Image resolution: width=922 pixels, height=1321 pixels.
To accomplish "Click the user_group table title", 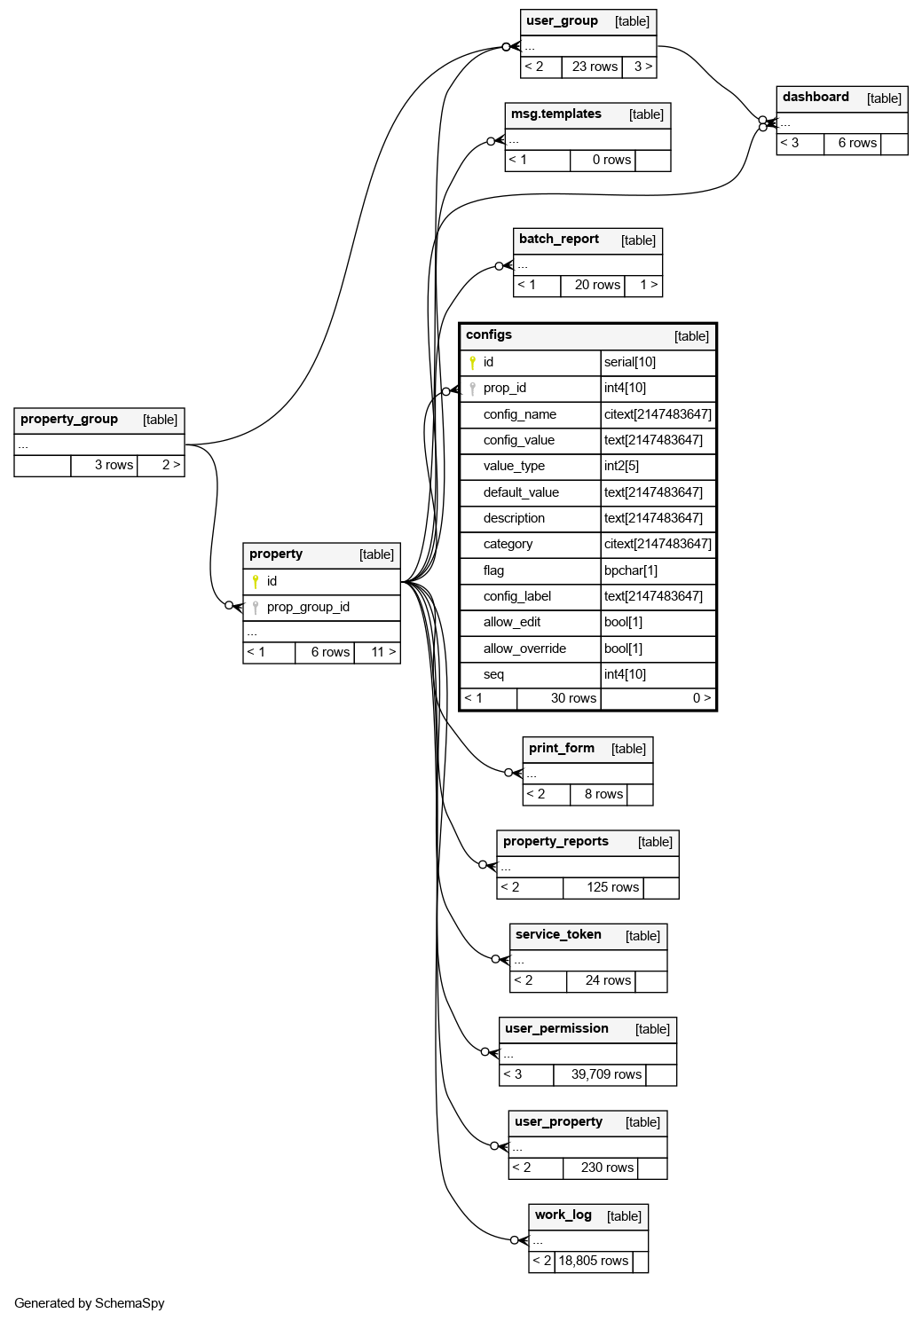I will [562, 21].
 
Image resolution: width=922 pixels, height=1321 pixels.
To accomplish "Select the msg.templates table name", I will [556, 114].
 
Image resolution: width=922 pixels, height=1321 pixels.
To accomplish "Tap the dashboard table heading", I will [816, 98].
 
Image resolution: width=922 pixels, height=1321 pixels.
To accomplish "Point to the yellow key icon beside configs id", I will [473, 363].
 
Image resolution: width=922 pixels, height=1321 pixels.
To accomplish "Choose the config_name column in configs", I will [520, 414].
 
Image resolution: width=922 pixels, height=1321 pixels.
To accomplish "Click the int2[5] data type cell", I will [621, 467].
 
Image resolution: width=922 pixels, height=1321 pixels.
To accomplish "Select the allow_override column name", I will [524, 649].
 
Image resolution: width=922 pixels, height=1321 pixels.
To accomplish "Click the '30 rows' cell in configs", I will [573, 699].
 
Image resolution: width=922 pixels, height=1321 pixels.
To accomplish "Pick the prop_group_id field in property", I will [308, 608].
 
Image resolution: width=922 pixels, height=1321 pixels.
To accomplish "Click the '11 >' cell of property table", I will [383, 653].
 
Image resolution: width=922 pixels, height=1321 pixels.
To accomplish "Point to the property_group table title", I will [69, 420].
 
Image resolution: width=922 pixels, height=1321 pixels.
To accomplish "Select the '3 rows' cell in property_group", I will [114, 466].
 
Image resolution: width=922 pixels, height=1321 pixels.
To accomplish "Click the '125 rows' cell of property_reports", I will [612, 888].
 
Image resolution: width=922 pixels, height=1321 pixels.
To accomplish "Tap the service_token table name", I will [558, 935].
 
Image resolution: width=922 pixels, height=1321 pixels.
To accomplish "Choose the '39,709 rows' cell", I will [606, 1075].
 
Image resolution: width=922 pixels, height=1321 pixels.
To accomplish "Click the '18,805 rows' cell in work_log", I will [593, 1262].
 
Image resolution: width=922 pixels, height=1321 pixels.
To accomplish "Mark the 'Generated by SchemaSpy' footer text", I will [90, 1303].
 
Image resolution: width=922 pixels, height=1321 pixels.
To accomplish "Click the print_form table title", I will [562, 749].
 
